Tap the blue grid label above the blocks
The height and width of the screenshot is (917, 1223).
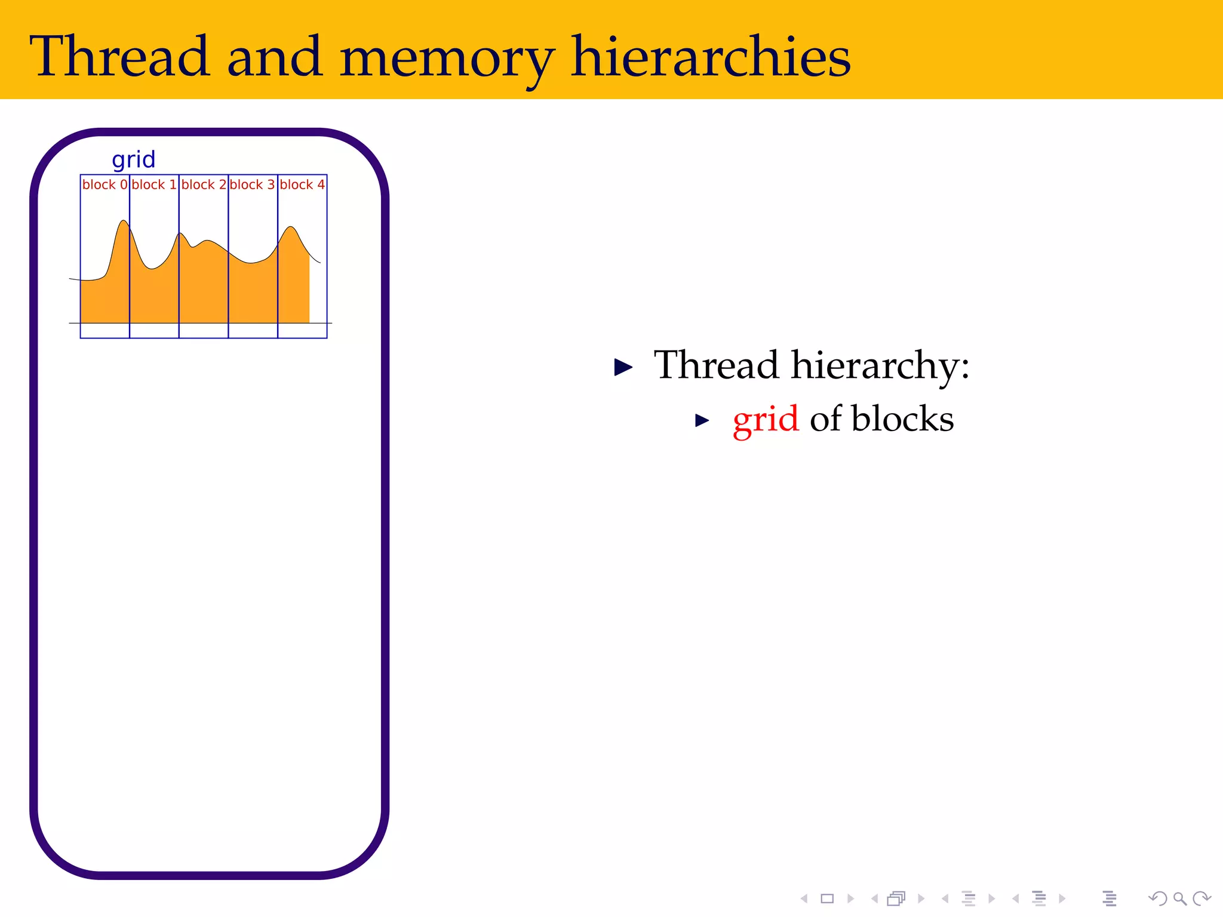click(134, 160)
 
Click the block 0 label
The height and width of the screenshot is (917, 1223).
click(105, 185)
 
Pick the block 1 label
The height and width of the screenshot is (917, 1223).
click(154, 185)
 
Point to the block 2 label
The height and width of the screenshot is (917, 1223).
click(204, 185)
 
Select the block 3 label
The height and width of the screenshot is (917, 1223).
click(253, 185)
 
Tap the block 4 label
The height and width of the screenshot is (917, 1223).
click(302, 185)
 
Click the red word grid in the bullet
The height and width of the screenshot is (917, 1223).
click(765, 419)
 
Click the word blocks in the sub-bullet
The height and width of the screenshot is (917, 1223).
click(902, 419)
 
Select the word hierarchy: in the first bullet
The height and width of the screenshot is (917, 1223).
click(880, 365)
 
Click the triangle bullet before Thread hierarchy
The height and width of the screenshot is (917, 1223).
click(623, 367)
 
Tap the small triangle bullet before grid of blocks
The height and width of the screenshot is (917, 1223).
click(702, 421)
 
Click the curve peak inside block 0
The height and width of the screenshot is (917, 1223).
click(123, 223)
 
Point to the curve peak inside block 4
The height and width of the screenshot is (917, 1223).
click(291, 228)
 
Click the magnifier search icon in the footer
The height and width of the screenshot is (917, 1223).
click(1179, 898)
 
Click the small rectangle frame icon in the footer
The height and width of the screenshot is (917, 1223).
click(827, 898)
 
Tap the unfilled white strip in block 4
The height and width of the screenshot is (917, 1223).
click(318, 293)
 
